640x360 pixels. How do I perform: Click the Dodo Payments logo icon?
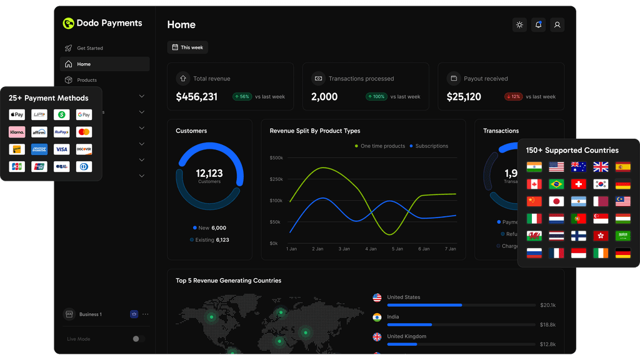tap(68, 24)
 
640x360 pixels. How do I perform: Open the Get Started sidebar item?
tap(89, 48)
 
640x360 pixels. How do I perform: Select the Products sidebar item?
tap(86, 80)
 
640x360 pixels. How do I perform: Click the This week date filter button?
tap(187, 47)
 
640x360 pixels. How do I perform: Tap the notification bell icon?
tap(538, 25)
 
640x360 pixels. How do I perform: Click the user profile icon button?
tap(557, 25)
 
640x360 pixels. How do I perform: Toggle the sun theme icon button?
tap(519, 25)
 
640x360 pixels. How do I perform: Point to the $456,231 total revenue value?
tap(196, 97)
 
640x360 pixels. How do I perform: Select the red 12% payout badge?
tap(513, 97)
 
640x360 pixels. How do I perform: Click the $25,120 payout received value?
tap(464, 97)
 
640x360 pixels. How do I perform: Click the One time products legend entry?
tap(380, 146)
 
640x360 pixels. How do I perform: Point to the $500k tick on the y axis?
tap(276, 157)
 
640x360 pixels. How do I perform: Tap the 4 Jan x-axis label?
tap(371, 249)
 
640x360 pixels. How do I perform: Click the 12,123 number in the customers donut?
tap(209, 173)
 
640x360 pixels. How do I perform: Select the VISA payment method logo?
tap(61, 149)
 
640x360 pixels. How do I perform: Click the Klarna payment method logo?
tap(17, 132)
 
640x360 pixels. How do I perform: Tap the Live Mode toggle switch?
tap(138, 339)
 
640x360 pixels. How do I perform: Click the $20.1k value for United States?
tap(548, 305)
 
